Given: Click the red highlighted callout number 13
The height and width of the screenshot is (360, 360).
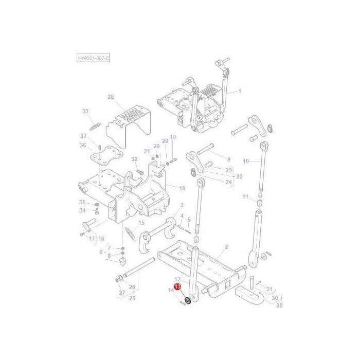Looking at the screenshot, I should pos(177,286).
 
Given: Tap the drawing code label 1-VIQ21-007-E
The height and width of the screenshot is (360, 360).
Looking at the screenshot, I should pos(93,60).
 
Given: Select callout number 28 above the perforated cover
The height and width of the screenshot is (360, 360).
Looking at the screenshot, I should pos(111,96).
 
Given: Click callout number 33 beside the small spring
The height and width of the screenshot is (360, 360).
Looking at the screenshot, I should pos(85,111).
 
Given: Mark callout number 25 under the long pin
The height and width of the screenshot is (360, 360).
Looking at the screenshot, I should pos(228,159).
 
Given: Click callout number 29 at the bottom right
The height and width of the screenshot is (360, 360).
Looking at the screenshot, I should pos(280,305).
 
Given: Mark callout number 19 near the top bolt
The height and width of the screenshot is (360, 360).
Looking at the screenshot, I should pos(173,137).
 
